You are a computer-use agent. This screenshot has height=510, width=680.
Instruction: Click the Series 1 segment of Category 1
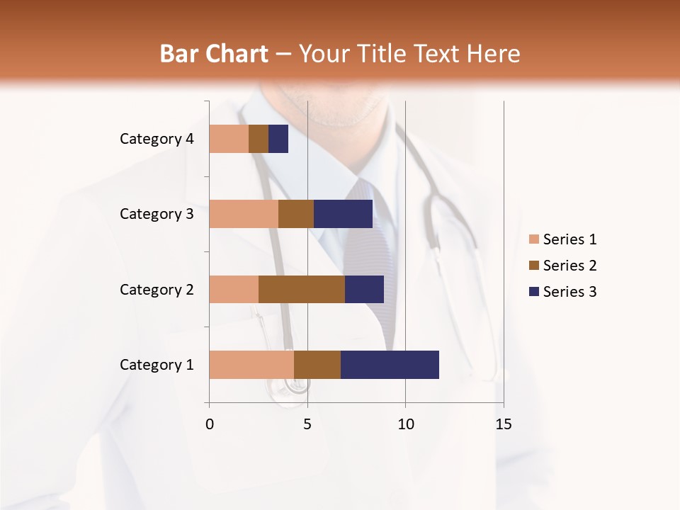point(251,365)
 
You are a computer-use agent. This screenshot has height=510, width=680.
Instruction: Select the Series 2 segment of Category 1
point(317,365)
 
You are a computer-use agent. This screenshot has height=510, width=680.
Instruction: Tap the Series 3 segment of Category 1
point(390,365)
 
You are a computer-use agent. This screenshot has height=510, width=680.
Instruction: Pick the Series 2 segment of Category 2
point(302,289)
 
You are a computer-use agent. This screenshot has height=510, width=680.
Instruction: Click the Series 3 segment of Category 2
point(364,289)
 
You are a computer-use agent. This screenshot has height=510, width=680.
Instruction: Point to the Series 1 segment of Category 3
point(244,214)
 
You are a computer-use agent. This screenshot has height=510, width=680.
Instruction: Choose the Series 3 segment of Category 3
point(343,214)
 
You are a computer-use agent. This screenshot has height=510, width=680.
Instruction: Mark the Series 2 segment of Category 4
point(259,139)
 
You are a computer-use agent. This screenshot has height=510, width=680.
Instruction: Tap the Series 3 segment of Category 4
point(278,139)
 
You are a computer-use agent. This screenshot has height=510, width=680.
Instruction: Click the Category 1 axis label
point(157,365)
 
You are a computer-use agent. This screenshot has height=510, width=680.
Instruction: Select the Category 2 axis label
point(157,289)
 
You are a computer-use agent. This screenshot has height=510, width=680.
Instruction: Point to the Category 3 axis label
point(157,214)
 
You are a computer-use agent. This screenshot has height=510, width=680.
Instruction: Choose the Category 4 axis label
point(157,139)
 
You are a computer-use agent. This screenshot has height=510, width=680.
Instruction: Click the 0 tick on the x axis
point(210,424)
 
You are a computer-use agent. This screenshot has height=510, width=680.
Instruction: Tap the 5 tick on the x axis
point(307,424)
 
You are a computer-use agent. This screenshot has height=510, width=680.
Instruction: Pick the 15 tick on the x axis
point(503,424)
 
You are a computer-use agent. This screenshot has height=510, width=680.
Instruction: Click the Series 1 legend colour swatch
point(533,239)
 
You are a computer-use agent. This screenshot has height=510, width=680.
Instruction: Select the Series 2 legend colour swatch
point(533,266)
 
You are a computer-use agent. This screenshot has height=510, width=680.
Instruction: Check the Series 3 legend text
point(569,292)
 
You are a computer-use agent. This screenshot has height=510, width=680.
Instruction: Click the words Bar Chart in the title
point(214,54)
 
